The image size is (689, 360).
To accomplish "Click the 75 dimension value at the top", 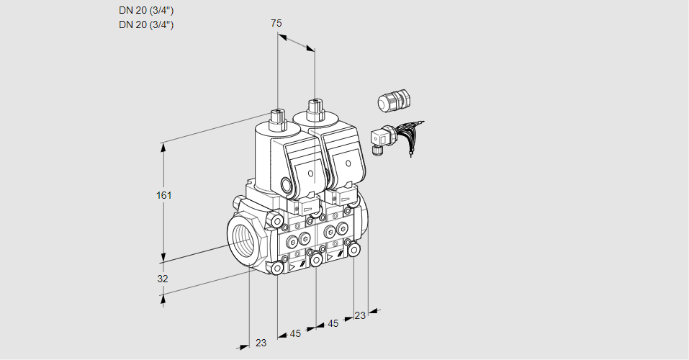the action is tap(276, 23).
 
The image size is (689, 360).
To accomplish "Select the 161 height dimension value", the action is tap(164, 195).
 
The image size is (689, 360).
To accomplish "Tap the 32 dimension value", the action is tap(163, 279).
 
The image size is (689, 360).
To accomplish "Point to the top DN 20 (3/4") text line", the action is tap(146, 11).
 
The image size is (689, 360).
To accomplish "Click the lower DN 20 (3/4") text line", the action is tap(146, 24).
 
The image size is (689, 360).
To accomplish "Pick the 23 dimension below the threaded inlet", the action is tap(261, 343).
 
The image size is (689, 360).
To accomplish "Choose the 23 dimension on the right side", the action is tap(360, 315).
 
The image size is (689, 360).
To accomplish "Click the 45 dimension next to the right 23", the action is tap(333, 323).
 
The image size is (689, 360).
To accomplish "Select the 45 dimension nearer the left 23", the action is tap(295, 333).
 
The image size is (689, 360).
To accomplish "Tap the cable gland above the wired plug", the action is tap(394, 100).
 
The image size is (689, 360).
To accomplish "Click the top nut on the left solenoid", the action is tap(277, 116).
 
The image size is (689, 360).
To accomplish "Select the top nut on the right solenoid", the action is tap(314, 108).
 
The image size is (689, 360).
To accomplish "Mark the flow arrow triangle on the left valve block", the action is tap(292, 266).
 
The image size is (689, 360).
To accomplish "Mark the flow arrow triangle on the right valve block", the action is tap(330, 257).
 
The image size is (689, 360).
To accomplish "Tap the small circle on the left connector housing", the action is tap(311, 174).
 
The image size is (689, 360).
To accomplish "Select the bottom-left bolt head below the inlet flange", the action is tap(277, 268).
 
